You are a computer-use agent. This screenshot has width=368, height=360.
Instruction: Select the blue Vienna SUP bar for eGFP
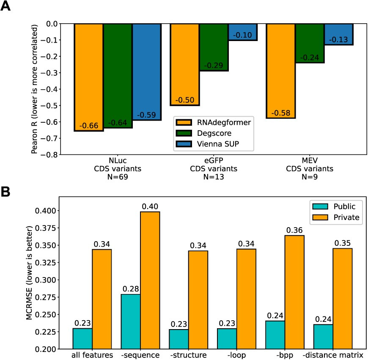pyautogui.click(x=242, y=32)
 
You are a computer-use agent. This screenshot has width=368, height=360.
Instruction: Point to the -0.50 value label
pyautogui.click(x=184, y=100)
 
